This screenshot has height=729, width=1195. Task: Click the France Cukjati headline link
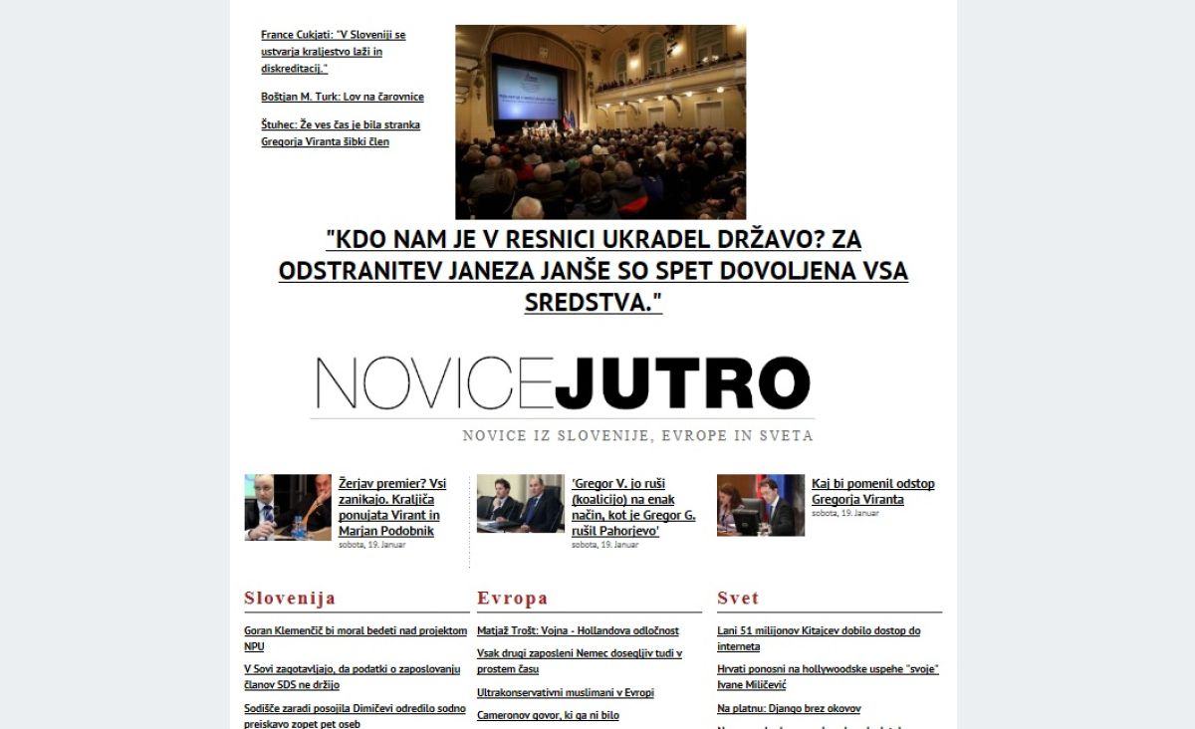click(x=334, y=51)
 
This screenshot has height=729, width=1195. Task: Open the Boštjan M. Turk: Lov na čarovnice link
click(x=343, y=97)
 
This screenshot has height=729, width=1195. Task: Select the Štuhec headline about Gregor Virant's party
click(x=340, y=133)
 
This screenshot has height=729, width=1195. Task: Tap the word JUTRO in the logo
click(x=682, y=383)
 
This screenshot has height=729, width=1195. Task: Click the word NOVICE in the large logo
click(x=433, y=383)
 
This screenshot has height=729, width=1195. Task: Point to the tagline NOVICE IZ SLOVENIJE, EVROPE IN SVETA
click(x=637, y=435)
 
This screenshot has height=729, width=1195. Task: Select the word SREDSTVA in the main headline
click(x=594, y=303)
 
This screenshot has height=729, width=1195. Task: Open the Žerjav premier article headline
click(x=392, y=507)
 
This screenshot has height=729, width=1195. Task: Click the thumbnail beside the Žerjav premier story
click(x=288, y=507)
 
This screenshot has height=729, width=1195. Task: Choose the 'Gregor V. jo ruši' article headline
click(x=633, y=507)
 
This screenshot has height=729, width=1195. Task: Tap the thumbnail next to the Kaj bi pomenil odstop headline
click(x=761, y=505)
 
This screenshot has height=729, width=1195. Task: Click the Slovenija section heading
click(x=290, y=599)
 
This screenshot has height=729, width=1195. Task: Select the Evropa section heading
click(x=513, y=599)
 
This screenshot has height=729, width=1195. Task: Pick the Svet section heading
click(x=738, y=599)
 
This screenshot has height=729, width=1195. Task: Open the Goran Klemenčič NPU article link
click(x=355, y=638)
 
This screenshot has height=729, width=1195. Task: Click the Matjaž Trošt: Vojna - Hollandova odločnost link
click(x=578, y=630)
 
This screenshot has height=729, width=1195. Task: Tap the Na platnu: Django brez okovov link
click(x=789, y=708)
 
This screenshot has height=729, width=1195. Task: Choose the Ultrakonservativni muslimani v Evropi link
click(x=566, y=692)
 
